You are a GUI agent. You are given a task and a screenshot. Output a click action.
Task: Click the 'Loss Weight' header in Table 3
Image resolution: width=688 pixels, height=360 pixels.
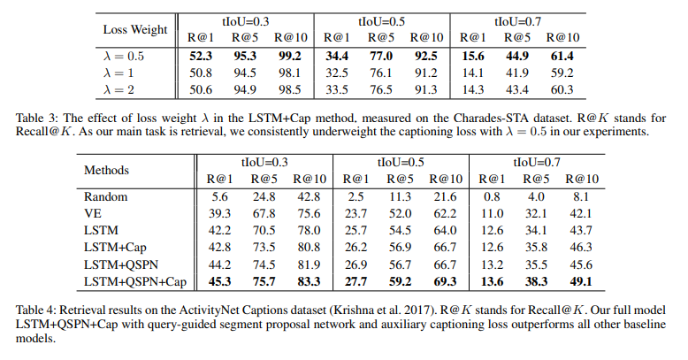coord(136,30)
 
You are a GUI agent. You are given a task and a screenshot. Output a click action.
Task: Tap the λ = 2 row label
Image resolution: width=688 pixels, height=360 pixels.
coord(125,89)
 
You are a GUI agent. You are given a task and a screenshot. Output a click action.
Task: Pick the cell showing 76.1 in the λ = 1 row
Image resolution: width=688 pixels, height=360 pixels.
coord(380,73)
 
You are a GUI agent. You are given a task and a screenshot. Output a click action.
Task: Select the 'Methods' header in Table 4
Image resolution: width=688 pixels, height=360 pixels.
coord(106,170)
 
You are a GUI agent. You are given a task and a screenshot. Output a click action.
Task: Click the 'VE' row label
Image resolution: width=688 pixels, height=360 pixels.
coord(93,213)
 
